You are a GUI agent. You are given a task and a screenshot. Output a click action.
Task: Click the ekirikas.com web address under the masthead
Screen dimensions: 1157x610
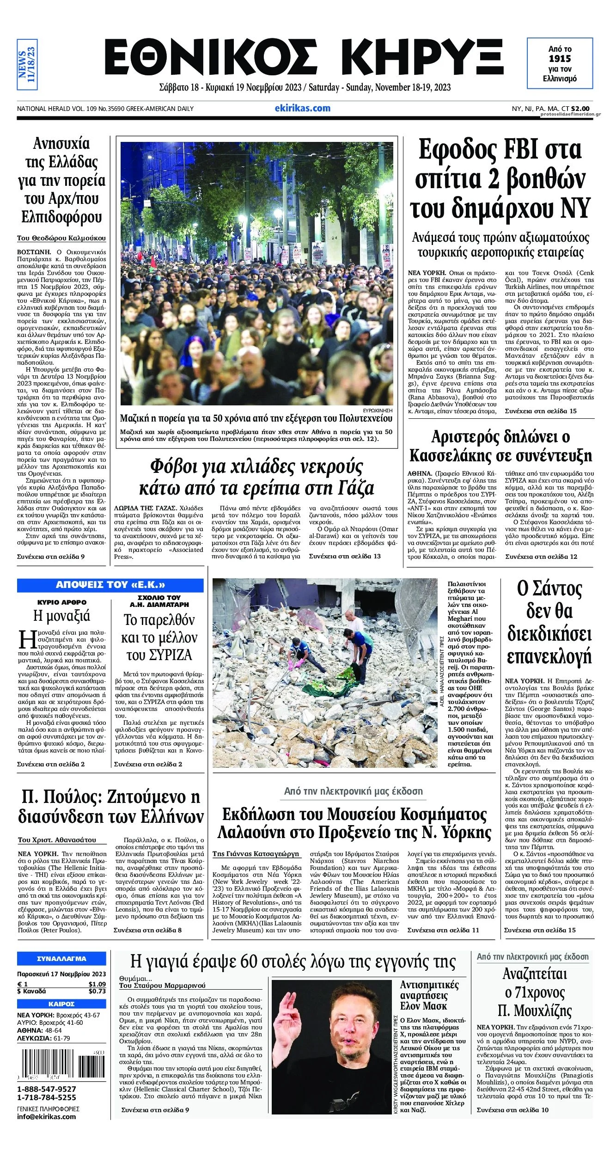point(302,108)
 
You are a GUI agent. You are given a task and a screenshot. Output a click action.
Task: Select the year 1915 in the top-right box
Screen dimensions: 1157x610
point(560,59)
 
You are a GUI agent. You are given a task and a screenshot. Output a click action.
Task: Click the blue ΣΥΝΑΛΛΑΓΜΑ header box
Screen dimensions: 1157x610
point(61,959)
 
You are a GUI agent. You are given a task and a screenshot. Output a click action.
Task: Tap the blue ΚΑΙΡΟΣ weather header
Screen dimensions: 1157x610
point(61,1004)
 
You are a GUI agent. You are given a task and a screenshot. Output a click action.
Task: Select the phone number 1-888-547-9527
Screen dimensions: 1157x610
point(47,1089)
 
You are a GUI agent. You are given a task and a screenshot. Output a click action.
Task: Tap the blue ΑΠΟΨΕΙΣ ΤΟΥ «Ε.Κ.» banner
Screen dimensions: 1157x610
point(110,585)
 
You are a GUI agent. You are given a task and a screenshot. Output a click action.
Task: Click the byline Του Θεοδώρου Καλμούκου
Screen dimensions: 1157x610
point(61,239)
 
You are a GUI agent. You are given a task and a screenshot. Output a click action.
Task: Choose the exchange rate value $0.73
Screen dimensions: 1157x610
point(97,991)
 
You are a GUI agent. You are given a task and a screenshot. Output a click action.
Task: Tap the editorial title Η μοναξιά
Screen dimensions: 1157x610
point(61,616)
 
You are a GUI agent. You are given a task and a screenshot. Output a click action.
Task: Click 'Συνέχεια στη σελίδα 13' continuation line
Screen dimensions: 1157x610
point(345,556)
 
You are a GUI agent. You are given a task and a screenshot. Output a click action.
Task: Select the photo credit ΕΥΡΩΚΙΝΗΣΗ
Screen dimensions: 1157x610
point(378,410)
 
